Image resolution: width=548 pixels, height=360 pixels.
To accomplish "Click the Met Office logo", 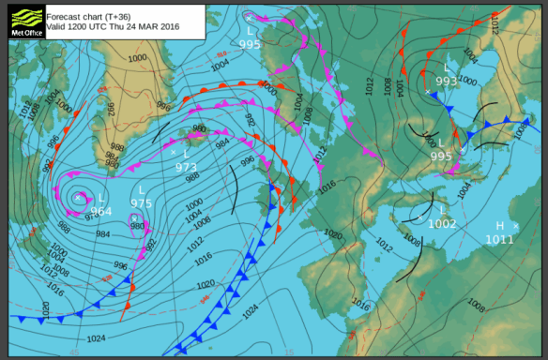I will point(25,21).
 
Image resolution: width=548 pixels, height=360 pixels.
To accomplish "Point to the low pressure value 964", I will point(100,211).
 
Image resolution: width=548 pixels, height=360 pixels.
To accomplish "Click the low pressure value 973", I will point(187,168).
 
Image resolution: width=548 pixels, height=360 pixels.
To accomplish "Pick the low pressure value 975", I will point(141,203).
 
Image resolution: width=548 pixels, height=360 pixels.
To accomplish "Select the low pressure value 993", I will point(447,81).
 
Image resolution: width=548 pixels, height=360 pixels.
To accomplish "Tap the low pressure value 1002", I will point(442,223).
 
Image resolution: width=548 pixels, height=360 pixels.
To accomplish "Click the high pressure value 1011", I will point(499,239).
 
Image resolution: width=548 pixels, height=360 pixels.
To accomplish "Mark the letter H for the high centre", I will point(500,226).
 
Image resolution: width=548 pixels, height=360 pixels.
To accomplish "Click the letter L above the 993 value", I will point(447,67).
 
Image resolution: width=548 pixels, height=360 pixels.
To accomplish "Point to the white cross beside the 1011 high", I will point(516,226).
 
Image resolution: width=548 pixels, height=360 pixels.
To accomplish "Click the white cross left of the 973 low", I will point(174,151).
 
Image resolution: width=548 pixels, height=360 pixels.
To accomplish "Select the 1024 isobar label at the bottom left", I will point(96,338).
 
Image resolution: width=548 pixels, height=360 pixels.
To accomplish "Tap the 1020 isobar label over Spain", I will point(333,234).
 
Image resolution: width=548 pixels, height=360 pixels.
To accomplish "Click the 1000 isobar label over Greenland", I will point(137,58).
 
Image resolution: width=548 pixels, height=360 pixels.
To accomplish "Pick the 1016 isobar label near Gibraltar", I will point(359,305).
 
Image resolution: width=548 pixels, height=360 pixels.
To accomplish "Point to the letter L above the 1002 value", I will point(441,210).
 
